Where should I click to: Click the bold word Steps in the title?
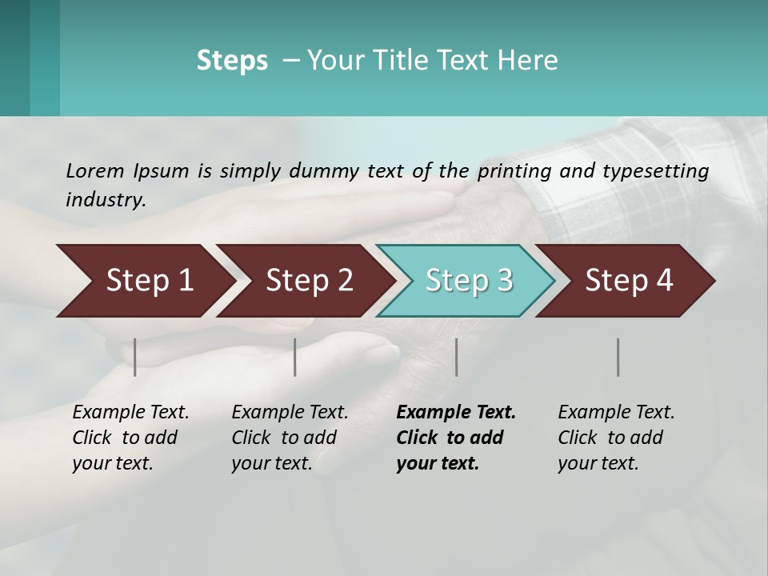[x=232, y=61]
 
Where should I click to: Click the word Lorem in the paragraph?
[x=95, y=170]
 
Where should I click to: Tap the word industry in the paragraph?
[x=105, y=199]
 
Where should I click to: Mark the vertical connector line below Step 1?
[x=135, y=357]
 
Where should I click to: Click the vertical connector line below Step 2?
[x=295, y=357]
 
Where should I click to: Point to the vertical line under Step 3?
[x=457, y=357]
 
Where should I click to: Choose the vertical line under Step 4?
[x=618, y=357]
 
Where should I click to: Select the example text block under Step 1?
[x=130, y=438]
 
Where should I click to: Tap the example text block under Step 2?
[x=289, y=438]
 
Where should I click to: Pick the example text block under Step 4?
[x=615, y=438]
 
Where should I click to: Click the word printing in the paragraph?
[x=517, y=170]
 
